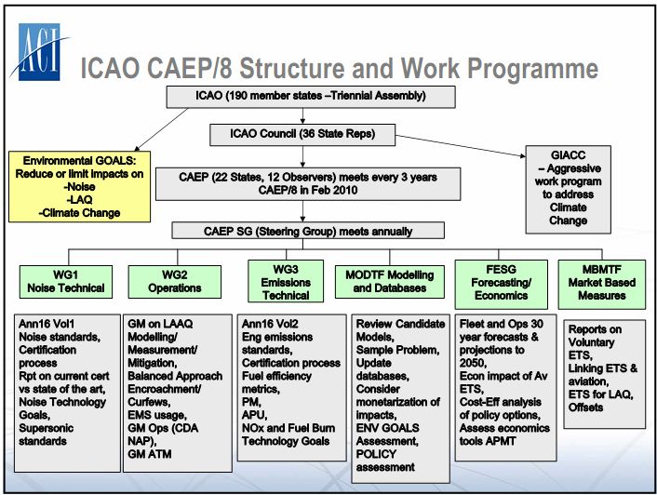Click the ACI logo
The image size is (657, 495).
pyautogui.click(x=39, y=51)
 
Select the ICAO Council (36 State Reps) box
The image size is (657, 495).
pyautogui.click(x=302, y=134)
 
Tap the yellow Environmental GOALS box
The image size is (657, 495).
pyautogui.click(x=80, y=187)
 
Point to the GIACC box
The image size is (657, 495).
pyautogui.click(x=569, y=189)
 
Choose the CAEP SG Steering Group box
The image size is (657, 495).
pyautogui.click(x=308, y=231)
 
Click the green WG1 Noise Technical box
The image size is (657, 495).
pyautogui.click(x=66, y=282)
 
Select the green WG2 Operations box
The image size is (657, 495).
pyautogui.click(x=175, y=282)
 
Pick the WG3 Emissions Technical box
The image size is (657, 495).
pyautogui.click(x=286, y=281)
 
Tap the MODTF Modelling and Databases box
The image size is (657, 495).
pyautogui.click(x=390, y=282)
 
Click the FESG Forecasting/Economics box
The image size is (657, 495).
pyautogui.click(x=502, y=285)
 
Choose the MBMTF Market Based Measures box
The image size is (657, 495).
pyautogui.click(x=602, y=285)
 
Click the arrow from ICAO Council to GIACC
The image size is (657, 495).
pyautogui.click(x=461, y=146)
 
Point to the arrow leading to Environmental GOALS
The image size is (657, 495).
pyautogui.click(x=161, y=129)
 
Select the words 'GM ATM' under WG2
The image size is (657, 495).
pyautogui.click(x=150, y=454)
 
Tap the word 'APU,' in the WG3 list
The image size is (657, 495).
pyautogui.click(x=254, y=415)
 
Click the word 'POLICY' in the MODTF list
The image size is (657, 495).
pyautogui.click(x=376, y=454)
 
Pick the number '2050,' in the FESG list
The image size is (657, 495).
pyautogui.click(x=473, y=363)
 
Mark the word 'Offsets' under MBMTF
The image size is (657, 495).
pyautogui.click(x=585, y=407)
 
